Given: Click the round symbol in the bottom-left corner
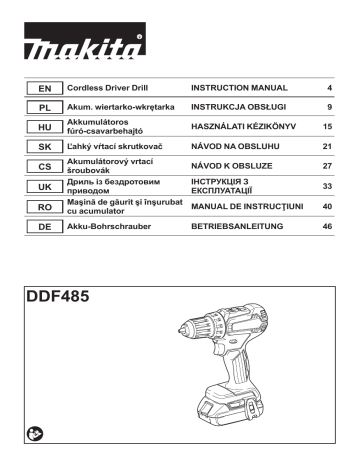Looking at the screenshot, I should tap(36, 432).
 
